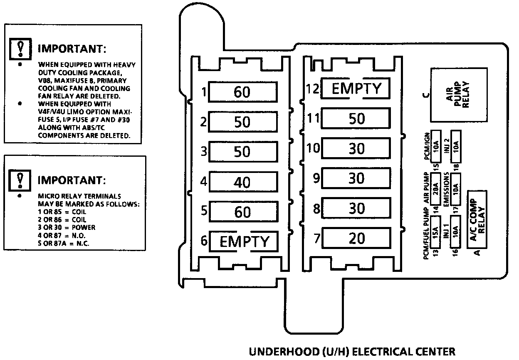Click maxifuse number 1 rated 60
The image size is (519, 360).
click(x=242, y=92)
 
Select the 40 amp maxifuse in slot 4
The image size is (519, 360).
click(x=242, y=182)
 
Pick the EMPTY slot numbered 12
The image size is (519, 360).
click(x=356, y=89)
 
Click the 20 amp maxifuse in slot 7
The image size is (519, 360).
click(x=356, y=238)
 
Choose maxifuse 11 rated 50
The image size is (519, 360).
click(x=356, y=118)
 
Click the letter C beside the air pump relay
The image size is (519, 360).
click(x=425, y=95)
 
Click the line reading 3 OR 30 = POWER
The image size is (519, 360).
click(x=67, y=227)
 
